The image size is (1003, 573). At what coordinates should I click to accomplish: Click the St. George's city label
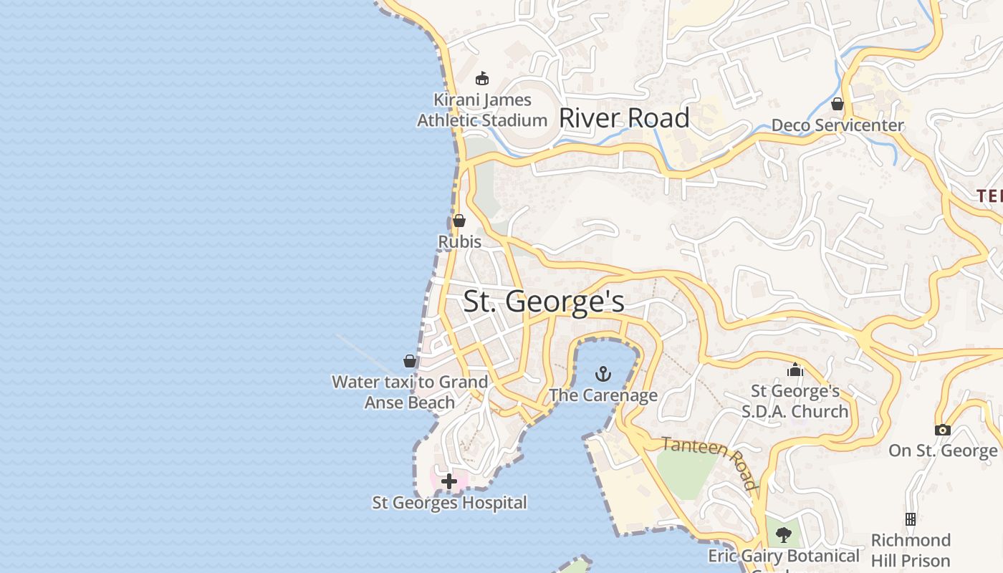click(x=544, y=301)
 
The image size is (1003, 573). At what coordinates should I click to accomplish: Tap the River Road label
click(x=624, y=118)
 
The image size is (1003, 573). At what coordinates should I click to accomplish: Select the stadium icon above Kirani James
click(x=482, y=78)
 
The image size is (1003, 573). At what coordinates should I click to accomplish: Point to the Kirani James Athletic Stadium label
click(x=482, y=110)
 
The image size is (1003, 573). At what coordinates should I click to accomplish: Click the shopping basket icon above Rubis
click(x=459, y=221)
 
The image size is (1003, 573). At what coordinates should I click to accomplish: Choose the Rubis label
click(x=460, y=242)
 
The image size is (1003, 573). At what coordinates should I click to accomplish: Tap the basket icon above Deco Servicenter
click(x=838, y=105)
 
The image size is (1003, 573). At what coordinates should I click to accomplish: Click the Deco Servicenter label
click(x=838, y=126)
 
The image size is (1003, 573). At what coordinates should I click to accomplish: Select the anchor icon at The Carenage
click(x=603, y=373)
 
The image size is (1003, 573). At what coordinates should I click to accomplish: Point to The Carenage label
click(x=603, y=395)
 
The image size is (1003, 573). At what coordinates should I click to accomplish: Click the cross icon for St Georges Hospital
click(x=449, y=481)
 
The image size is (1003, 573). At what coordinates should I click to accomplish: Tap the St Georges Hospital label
click(x=449, y=503)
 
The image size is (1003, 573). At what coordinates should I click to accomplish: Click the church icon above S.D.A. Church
click(x=795, y=370)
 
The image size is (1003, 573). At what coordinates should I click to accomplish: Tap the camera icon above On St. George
click(x=943, y=430)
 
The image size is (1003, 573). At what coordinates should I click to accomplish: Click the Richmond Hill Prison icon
click(x=911, y=519)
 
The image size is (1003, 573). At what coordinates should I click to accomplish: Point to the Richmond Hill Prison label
click(x=911, y=550)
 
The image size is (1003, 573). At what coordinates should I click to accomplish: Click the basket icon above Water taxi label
click(x=410, y=361)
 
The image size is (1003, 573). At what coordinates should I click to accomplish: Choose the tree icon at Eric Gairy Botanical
click(x=784, y=534)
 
